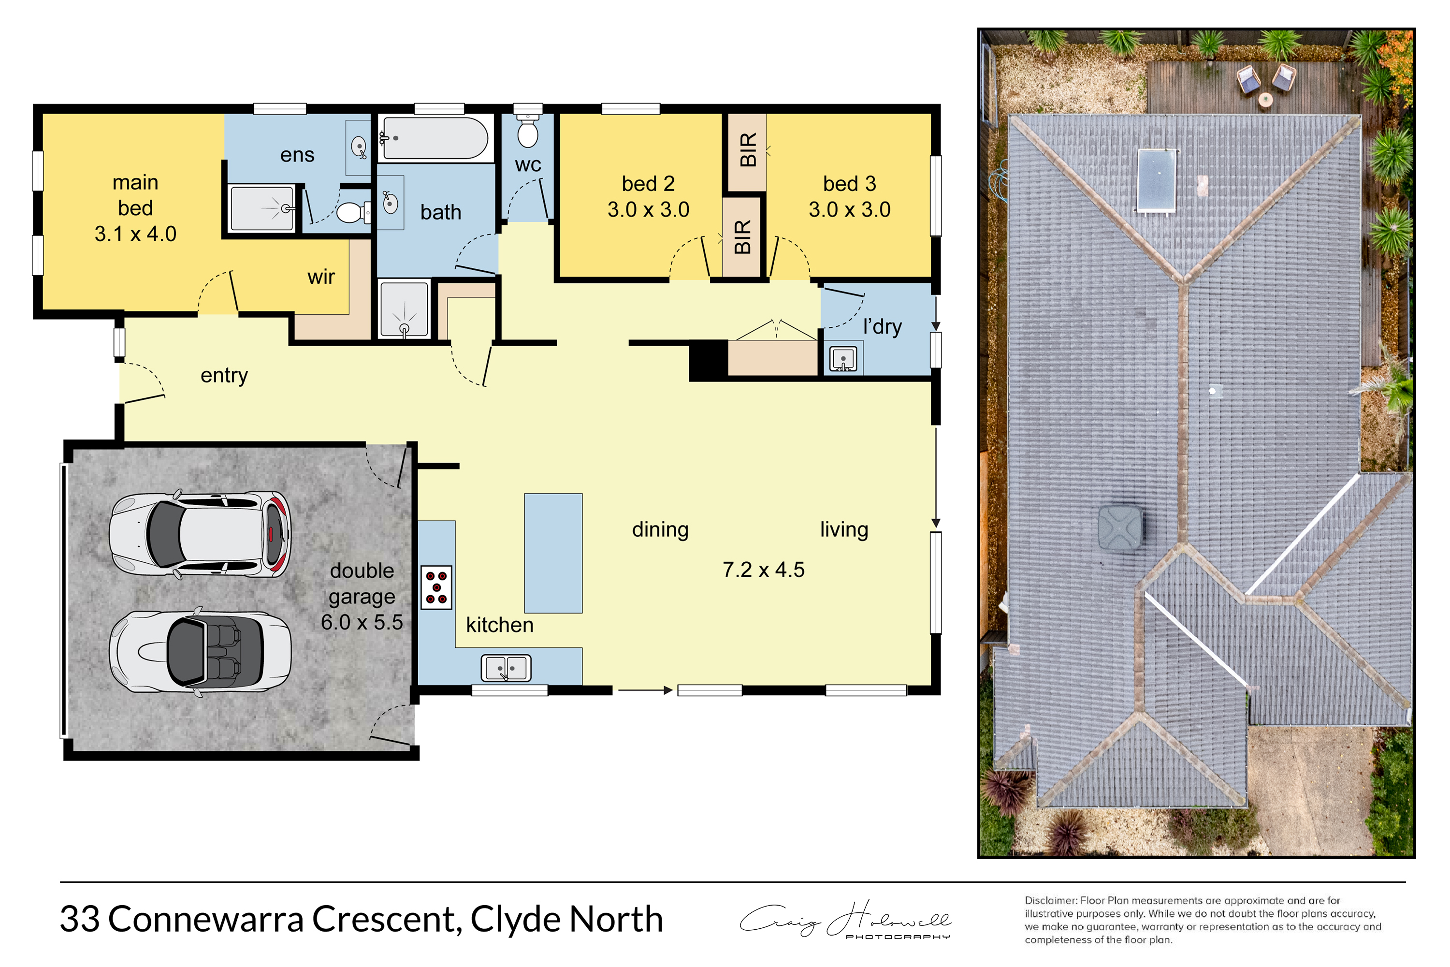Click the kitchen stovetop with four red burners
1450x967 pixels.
[x=436, y=588]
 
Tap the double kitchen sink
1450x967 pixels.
[x=506, y=668]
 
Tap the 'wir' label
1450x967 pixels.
[x=321, y=277]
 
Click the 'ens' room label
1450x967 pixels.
[x=297, y=155]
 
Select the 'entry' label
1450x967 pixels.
[x=224, y=376]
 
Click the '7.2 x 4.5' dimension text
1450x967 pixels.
[x=763, y=570]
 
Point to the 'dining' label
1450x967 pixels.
[x=660, y=530]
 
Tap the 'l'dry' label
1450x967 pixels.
[x=882, y=327]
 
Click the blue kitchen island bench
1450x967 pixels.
[x=553, y=553]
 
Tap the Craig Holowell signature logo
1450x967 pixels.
[x=845, y=920]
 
